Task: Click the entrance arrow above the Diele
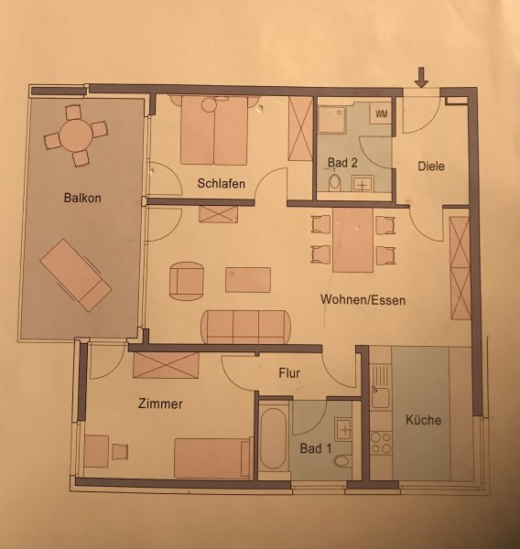[421, 78]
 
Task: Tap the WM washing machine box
[381, 113]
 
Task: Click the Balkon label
[82, 198]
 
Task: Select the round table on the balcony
[76, 135]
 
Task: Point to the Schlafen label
[222, 183]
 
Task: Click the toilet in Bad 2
[335, 182]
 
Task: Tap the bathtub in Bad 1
[274, 439]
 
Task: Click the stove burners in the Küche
[381, 443]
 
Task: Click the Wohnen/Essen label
[363, 300]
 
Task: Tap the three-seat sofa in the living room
[245, 327]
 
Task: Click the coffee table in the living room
[248, 280]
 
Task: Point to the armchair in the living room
[187, 281]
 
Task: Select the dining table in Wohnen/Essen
[352, 240]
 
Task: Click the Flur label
[289, 373]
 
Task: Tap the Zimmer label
[160, 404]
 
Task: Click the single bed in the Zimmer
[213, 458]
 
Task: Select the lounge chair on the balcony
[76, 275]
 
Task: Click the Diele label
[431, 166]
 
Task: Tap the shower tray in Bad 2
[331, 120]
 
